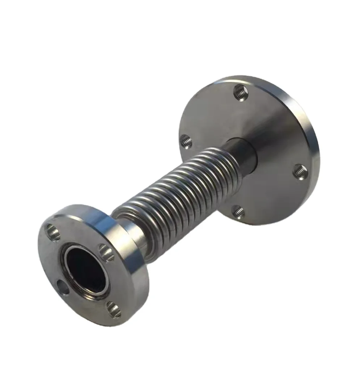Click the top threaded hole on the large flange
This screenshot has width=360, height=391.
240,93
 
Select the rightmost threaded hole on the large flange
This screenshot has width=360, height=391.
300,171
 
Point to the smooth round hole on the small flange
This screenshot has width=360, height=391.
64,287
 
